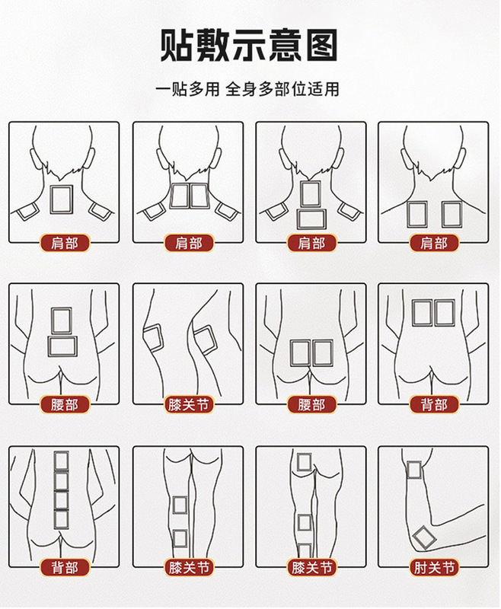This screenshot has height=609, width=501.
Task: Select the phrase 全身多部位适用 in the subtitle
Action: (282, 89)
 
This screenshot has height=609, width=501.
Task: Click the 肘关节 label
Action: (434, 567)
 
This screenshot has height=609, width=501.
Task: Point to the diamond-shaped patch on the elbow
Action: (424, 537)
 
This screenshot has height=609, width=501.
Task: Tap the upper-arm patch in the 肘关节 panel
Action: (414, 470)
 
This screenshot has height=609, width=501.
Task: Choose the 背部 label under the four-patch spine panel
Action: (65, 567)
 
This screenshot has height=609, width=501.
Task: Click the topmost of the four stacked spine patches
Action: (62, 461)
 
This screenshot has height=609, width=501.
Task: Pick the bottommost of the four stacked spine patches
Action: (62, 519)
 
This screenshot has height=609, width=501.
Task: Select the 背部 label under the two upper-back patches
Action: (434, 405)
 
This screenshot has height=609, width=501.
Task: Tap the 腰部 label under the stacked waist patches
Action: (65, 405)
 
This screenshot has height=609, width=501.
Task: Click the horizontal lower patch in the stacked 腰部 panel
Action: (62, 346)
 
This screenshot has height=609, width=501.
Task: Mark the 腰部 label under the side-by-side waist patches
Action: (311, 405)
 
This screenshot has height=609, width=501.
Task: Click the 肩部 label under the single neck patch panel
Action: (65, 244)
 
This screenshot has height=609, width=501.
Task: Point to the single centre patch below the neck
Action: (62, 199)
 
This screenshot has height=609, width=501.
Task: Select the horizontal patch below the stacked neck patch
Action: (311, 219)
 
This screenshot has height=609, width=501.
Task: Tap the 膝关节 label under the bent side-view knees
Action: (189, 405)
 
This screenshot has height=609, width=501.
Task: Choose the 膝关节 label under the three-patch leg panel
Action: (311, 567)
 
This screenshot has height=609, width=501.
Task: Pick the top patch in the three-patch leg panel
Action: (304, 462)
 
